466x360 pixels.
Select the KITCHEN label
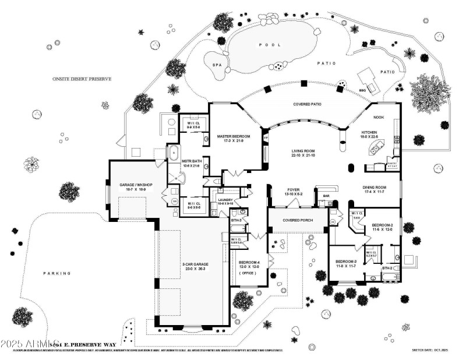coord(369,133)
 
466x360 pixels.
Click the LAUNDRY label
coord(225,200)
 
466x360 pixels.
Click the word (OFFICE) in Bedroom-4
coord(248,273)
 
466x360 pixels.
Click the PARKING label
coord(57,273)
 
